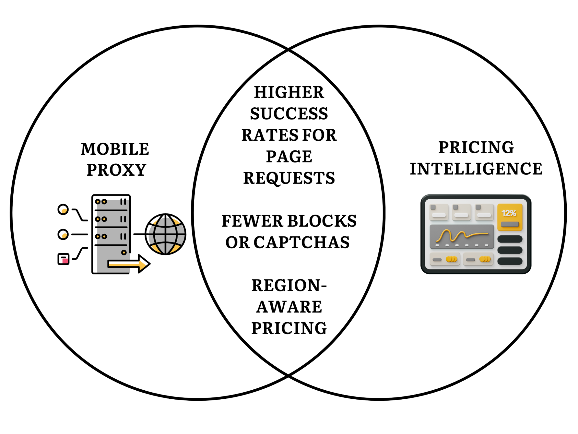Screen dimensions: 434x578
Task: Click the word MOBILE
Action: pos(115,149)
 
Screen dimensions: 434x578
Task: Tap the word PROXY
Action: pos(116,170)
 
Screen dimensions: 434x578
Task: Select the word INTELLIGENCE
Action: pos(476,169)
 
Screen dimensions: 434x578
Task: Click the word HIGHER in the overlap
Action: pos(289,93)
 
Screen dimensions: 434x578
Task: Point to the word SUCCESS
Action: pos(289,114)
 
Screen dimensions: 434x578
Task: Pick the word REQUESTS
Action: pos(289,178)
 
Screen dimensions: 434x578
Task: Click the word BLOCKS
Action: pos(322,221)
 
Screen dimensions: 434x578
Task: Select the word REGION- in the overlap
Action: pos(289,286)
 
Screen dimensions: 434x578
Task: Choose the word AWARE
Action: pos(289,307)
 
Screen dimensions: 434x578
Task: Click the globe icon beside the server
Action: pos(165,234)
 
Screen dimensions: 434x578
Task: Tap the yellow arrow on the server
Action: pos(129,264)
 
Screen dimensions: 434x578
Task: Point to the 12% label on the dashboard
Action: pos(509,214)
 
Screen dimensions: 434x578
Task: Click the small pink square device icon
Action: pos(63,259)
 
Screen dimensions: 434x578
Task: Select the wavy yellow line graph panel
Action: pos(462,236)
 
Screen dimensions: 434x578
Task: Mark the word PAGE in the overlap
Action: pos(289,157)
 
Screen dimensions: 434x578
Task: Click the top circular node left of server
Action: pos(63,209)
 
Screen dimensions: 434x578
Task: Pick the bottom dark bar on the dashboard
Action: pos(510,261)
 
